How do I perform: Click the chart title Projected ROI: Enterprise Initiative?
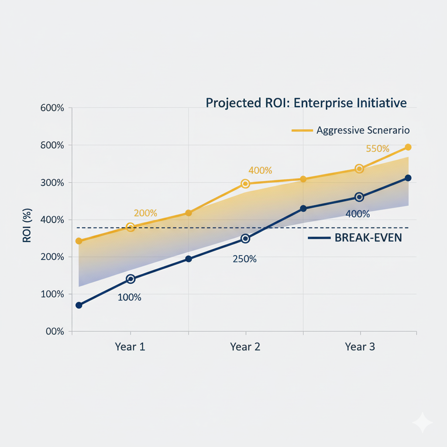pos(306,103)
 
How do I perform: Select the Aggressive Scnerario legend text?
pos(363,130)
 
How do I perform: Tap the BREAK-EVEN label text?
pos(368,238)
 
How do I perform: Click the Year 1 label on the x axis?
pos(130,347)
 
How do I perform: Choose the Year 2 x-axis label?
pos(245,347)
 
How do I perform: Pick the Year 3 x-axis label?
pos(360,347)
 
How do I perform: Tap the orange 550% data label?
pos(378,149)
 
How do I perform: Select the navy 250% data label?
pos(244,259)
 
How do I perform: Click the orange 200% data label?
pos(145,213)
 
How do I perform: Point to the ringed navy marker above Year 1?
pos(131,279)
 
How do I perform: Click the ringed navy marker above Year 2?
pos(245,239)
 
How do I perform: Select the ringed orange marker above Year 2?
pos(245,184)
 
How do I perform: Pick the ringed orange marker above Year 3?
pos(359,168)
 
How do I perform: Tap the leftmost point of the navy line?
pos(79,305)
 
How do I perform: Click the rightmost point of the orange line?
pos(408,147)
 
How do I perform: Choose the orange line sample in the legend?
pos(302,130)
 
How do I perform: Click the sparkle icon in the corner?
pos(422,422)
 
